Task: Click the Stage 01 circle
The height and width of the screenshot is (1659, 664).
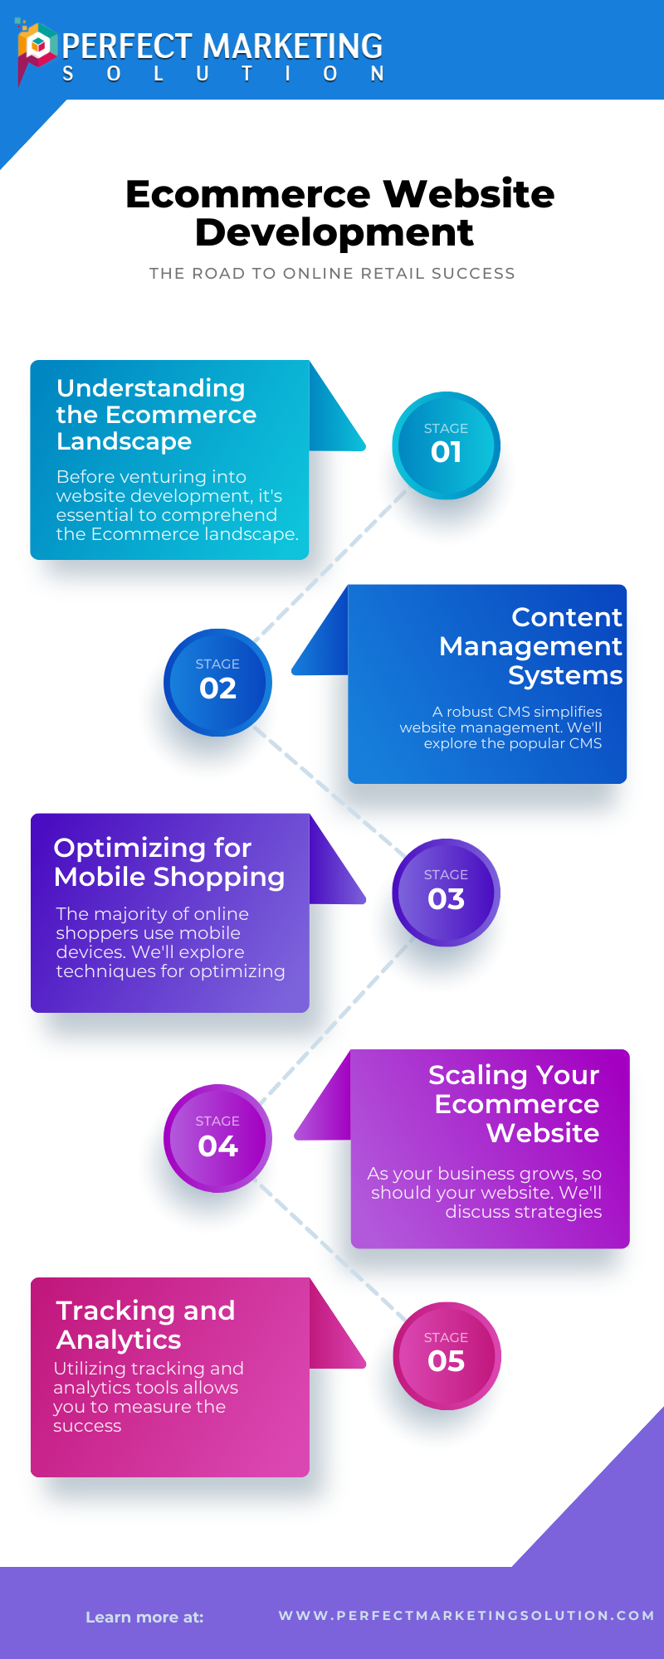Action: pos(446,445)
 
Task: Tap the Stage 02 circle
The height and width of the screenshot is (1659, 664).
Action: pos(217,682)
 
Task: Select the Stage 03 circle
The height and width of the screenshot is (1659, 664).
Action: pos(446,893)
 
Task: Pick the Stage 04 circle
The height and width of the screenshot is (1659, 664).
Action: pos(217,1138)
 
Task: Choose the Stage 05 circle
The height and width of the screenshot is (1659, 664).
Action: pos(447,1355)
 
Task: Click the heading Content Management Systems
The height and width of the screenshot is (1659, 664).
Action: pos(531,645)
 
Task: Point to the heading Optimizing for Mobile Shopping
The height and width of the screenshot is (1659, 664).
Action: pos(169,862)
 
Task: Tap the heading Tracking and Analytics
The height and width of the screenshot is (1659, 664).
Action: pos(145,1324)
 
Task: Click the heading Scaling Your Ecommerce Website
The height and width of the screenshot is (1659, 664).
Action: pos(515,1103)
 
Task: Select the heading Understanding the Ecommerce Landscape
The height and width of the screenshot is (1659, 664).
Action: pos(156,415)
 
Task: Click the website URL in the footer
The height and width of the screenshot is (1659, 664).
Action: pos(466,1615)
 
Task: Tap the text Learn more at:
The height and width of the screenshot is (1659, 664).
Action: pos(144,1617)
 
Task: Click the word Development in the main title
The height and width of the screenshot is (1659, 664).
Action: pos(334,232)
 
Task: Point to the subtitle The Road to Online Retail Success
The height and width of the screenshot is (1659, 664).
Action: pos(332,273)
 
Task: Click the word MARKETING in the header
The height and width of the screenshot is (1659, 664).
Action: pos(293,46)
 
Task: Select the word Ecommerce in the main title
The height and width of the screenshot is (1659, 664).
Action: pos(247,194)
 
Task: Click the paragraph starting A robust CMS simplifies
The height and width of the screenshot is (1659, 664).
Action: pos(501,727)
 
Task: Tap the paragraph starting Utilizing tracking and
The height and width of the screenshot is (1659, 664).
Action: pos(148,1397)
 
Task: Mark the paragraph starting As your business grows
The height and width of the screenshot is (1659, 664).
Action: pos(486,1193)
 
